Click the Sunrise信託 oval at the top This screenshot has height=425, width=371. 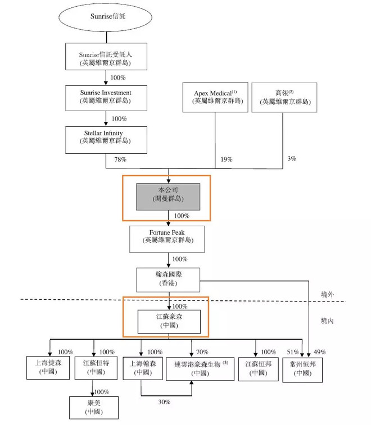pos(107,17)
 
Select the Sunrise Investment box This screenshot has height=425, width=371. pos(106,96)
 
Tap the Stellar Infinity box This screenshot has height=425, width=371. pos(106,139)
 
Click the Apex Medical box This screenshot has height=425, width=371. pos(215,97)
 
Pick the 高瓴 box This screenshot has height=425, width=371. pos(284,97)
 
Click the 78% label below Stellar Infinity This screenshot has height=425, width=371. pos(121,160)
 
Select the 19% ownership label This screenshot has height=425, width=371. pos(226,160)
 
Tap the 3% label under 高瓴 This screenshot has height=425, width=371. pos(291,159)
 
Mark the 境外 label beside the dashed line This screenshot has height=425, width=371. pos(327,294)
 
